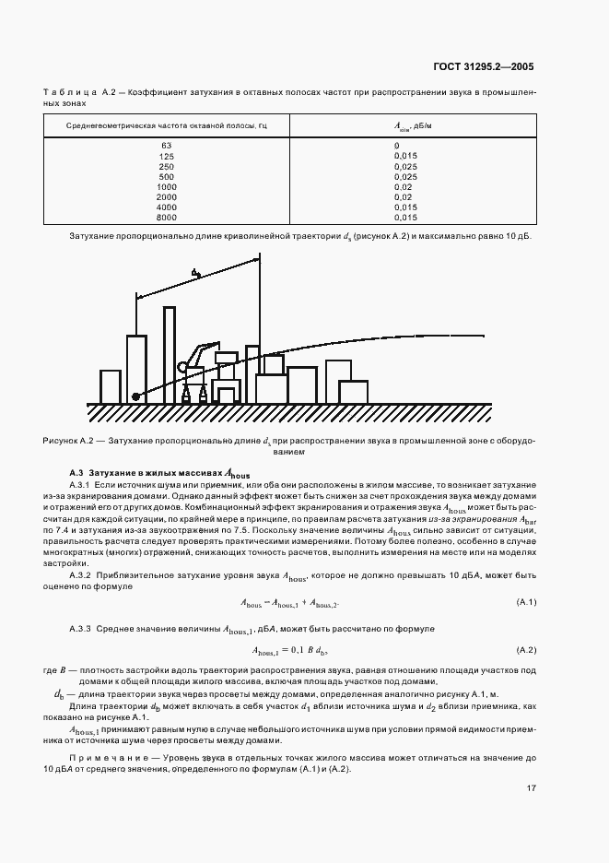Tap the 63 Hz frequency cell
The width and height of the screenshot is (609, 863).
(167, 147)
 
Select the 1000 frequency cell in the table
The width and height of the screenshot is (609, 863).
(167, 186)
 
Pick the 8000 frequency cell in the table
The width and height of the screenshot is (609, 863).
(167, 217)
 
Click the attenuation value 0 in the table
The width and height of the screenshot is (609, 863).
(397, 147)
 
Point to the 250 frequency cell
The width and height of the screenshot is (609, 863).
(167, 166)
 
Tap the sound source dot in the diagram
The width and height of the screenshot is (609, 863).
(135, 396)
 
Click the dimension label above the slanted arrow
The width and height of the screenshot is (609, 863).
(195, 274)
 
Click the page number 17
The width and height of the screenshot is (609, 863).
(532, 788)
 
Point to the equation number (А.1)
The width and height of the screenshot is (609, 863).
(526, 603)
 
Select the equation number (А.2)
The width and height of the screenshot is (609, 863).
(526, 650)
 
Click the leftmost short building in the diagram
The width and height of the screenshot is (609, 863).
(111, 385)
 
